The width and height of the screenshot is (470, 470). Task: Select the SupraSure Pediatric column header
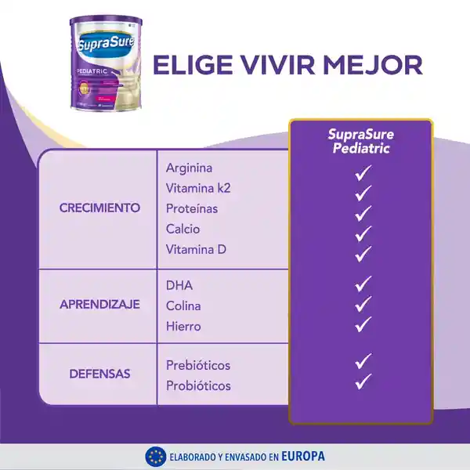coord(360,141)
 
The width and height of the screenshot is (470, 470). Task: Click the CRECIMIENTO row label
coord(99,208)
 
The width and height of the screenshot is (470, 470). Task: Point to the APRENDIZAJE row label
coord(99,305)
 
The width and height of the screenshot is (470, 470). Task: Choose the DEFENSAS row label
coord(99,374)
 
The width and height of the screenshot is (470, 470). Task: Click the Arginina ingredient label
coord(189,168)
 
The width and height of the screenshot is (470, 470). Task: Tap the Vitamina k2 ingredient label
coord(198,188)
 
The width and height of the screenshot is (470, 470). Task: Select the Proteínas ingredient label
coord(192,209)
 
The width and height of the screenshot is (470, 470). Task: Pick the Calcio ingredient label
coord(183,230)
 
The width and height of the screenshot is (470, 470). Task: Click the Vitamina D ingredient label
coord(196,250)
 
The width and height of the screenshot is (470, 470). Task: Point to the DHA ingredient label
coord(179,286)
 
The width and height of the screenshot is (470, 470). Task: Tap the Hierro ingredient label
coord(183,327)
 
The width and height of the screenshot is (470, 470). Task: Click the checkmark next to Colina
coord(362,304)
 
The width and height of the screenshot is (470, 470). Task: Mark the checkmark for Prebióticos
coord(362,362)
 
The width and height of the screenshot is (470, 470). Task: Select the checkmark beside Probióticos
coord(362,382)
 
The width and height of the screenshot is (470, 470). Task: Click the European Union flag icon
coord(154,456)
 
